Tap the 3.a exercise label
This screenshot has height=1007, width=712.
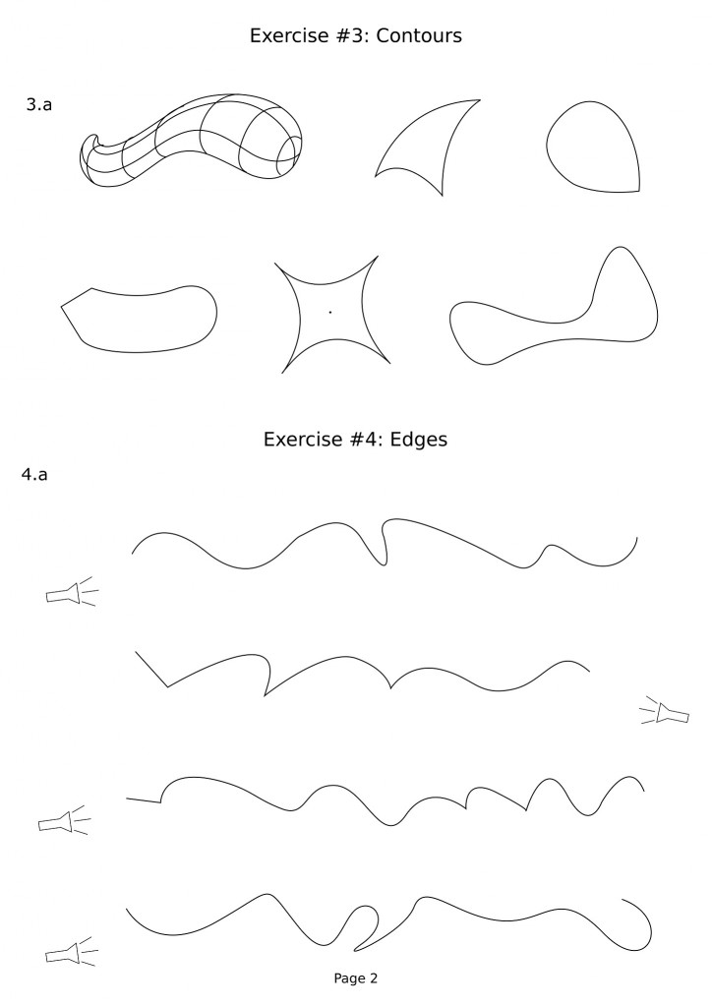pyautogui.click(x=38, y=103)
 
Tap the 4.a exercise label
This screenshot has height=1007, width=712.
pyautogui.click(x=35, y=475)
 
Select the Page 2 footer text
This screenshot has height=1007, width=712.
pyautogui.click(x=355, y=978)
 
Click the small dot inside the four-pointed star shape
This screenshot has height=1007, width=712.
pyautogui.click(x=330, y=312)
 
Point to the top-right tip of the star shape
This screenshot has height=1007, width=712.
pyautogui.click(x=377, y=258)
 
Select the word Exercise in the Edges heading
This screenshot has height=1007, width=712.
pyautogui.click(x=296, y=442)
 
